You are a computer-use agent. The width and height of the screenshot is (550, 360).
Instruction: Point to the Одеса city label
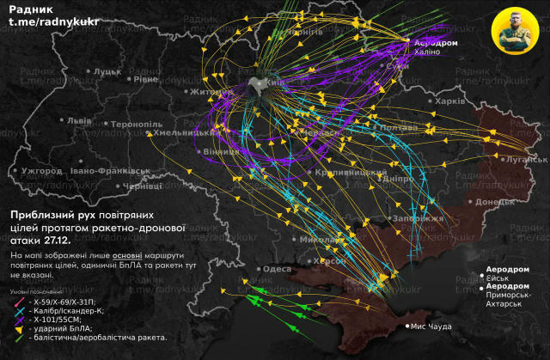(x=277, y=269)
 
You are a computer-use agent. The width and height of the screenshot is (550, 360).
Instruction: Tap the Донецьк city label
(x=494, y=203)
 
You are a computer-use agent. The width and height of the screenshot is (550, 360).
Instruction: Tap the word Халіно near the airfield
(x=427, y=52)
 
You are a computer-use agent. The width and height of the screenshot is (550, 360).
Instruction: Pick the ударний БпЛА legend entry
(x=60, y=329)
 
